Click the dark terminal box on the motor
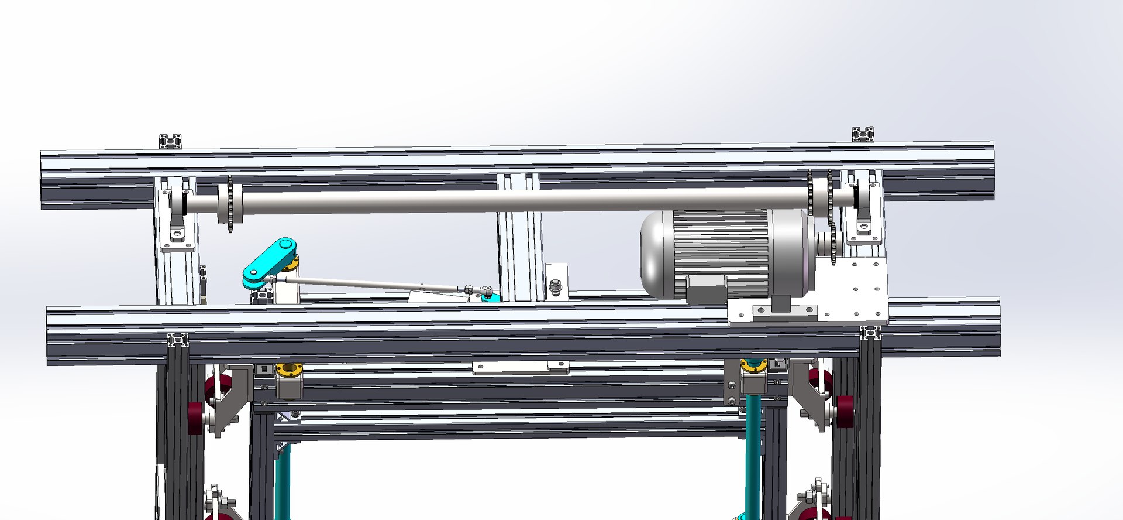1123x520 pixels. (x=705, y=288)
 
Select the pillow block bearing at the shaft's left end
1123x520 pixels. (x=178, y=214)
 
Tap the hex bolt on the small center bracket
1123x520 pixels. (x=556, y=287)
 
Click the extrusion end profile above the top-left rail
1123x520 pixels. (x=170, y=141)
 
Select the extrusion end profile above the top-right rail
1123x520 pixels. (x=863, y=134)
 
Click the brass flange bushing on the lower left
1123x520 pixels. (x=290, y=370)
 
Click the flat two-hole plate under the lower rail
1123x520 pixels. (x=521, y=368)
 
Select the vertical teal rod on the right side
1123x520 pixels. (x=753, y=445)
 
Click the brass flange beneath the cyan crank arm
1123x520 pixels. (x=291, y=267)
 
